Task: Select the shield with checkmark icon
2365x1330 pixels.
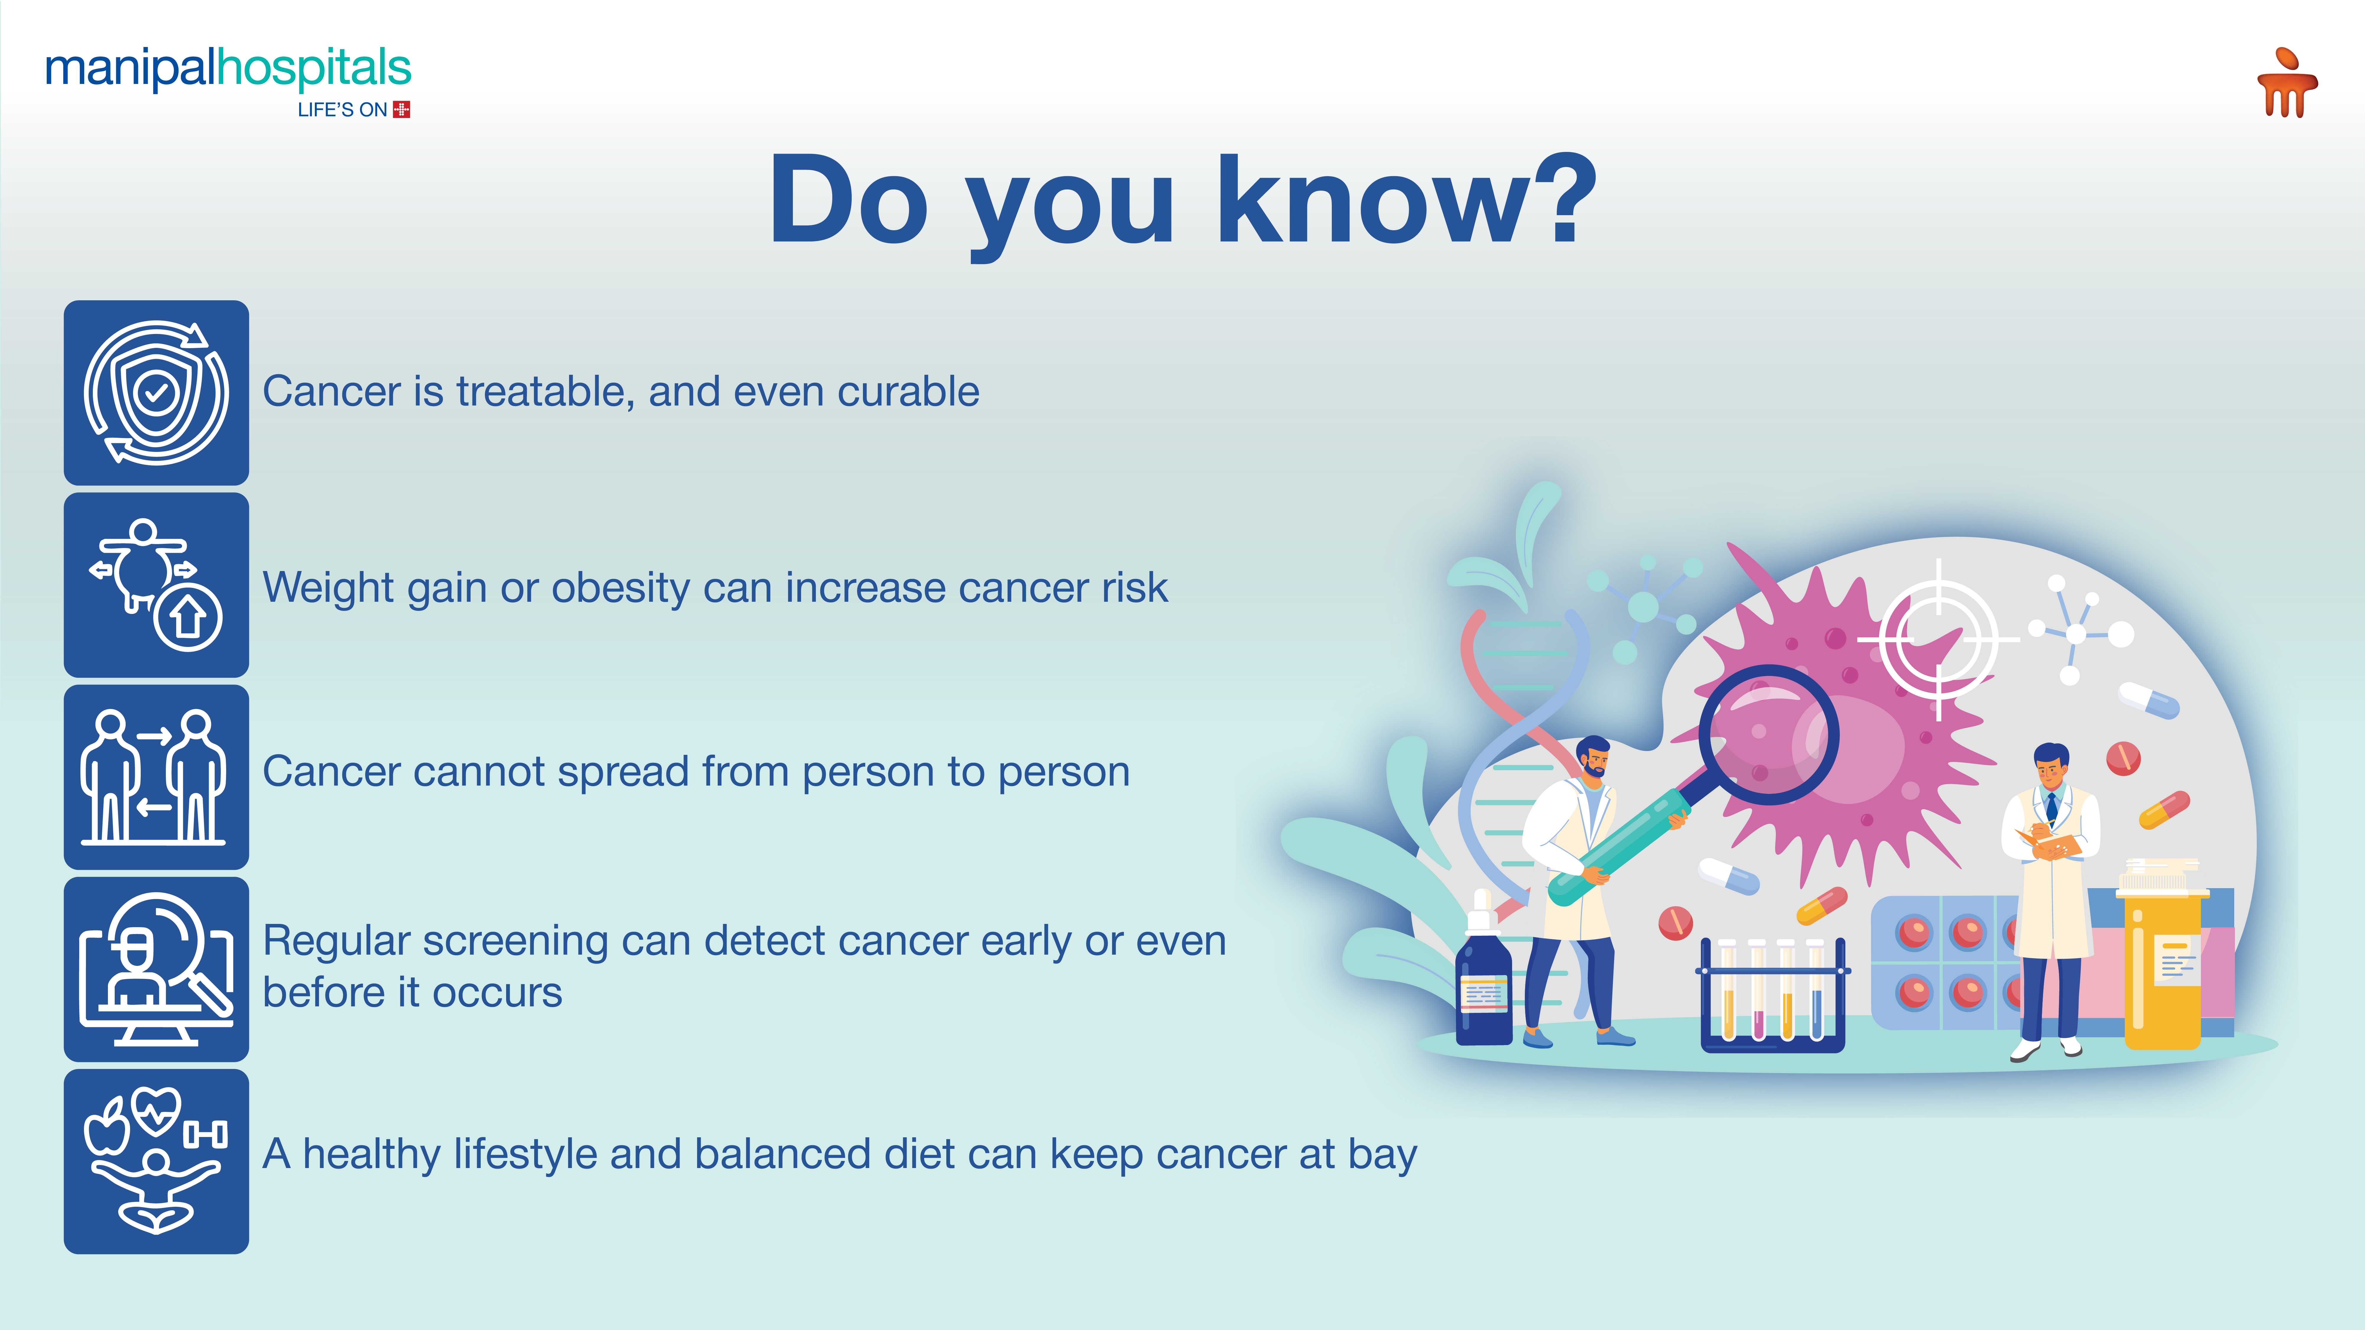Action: tap(156, 393)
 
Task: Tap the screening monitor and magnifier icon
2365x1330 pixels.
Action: tap(156, 969)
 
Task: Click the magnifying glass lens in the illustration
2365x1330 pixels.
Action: tap(1768, 735)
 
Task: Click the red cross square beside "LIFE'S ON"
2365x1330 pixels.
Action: tap(401, 109)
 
